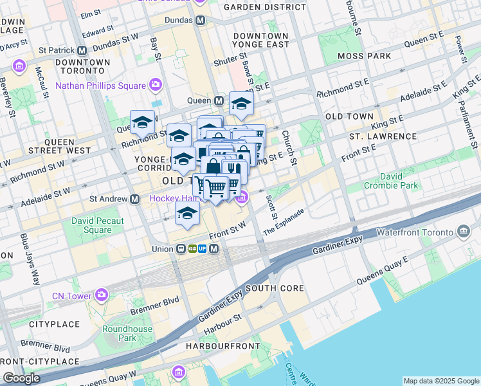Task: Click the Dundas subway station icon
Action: [x=201, y=20]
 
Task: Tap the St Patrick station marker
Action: [x=82, y=50]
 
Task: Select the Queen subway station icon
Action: [x=219, y=101]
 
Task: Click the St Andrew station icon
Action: [x=135, y=199]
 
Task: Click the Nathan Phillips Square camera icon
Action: [x=155, y=85]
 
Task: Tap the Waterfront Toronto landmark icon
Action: [x=464, y=231]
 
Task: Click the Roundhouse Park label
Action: [x=127, y=333]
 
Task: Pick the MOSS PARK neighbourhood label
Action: [x=367, y=56]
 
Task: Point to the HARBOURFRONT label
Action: [x=221, y=346]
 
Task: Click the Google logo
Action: [x=21, y=378]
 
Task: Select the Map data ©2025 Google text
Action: [x=440, y=381]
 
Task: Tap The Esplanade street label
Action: [x=284, y=221]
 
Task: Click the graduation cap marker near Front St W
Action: [x=187, y=215]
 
